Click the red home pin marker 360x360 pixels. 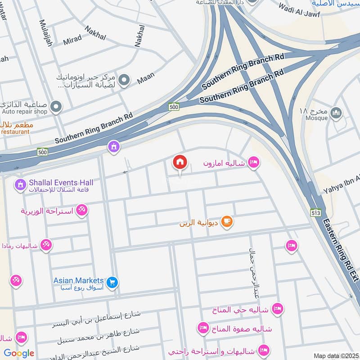180,162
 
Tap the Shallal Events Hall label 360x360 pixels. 61,182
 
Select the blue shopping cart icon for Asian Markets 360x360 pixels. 112,282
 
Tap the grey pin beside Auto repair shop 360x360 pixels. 56,107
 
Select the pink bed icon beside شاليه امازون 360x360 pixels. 254,162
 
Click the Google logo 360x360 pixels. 19,353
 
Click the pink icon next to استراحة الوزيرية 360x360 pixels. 81,210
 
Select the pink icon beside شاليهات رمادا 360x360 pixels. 46,245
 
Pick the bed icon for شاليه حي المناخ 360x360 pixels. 277,309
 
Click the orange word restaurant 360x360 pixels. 15,132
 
